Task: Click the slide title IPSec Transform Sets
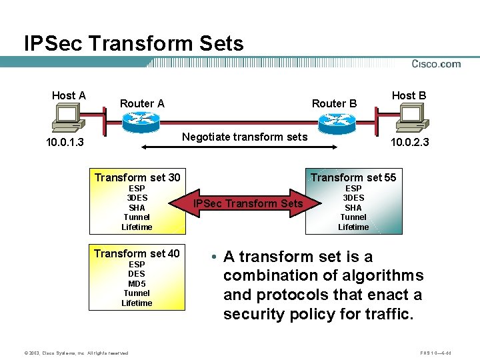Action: point(134,44)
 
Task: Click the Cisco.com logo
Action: point(436,64)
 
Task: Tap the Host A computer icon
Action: point(68,120)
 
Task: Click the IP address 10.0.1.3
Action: point(65,143)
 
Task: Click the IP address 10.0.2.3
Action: point(410,143)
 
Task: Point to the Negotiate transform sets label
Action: point(245,137)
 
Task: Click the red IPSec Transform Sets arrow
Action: point(247,203)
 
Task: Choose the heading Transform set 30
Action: point(137,177)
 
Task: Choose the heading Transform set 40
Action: point(137,253)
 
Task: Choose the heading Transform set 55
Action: point(353,177)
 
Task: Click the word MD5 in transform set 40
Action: point(137,283)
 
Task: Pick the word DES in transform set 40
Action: point(137,274)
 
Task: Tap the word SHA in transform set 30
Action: point(137,207)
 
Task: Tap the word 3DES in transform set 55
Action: point(353,197)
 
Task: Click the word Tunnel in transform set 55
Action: point(353,217)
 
